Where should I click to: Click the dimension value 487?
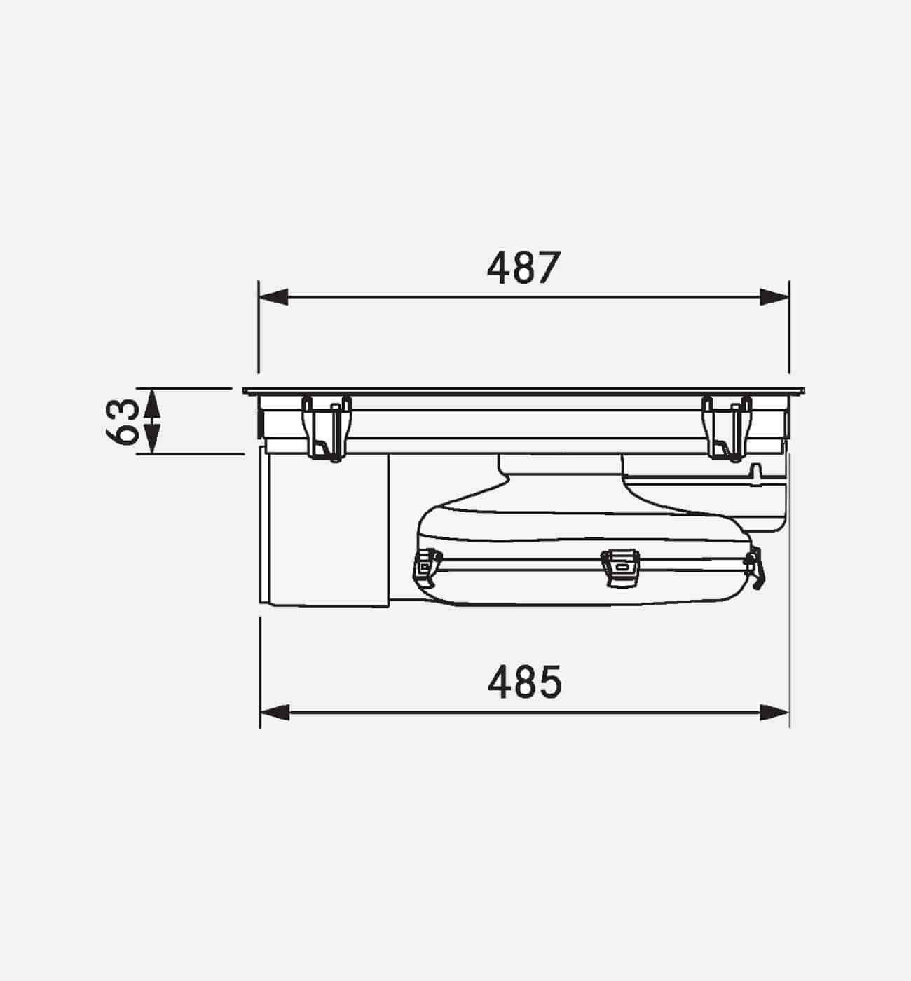pos(524,268)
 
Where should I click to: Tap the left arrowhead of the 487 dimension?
pos(273,297)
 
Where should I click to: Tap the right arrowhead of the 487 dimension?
pos(775,297)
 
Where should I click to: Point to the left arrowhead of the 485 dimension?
pos(275,713)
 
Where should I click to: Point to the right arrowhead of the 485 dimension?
pos(775,713)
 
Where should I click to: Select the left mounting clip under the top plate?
pos(327,427)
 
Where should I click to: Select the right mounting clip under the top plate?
pos(727,427)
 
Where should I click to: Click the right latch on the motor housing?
pos(755,566)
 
